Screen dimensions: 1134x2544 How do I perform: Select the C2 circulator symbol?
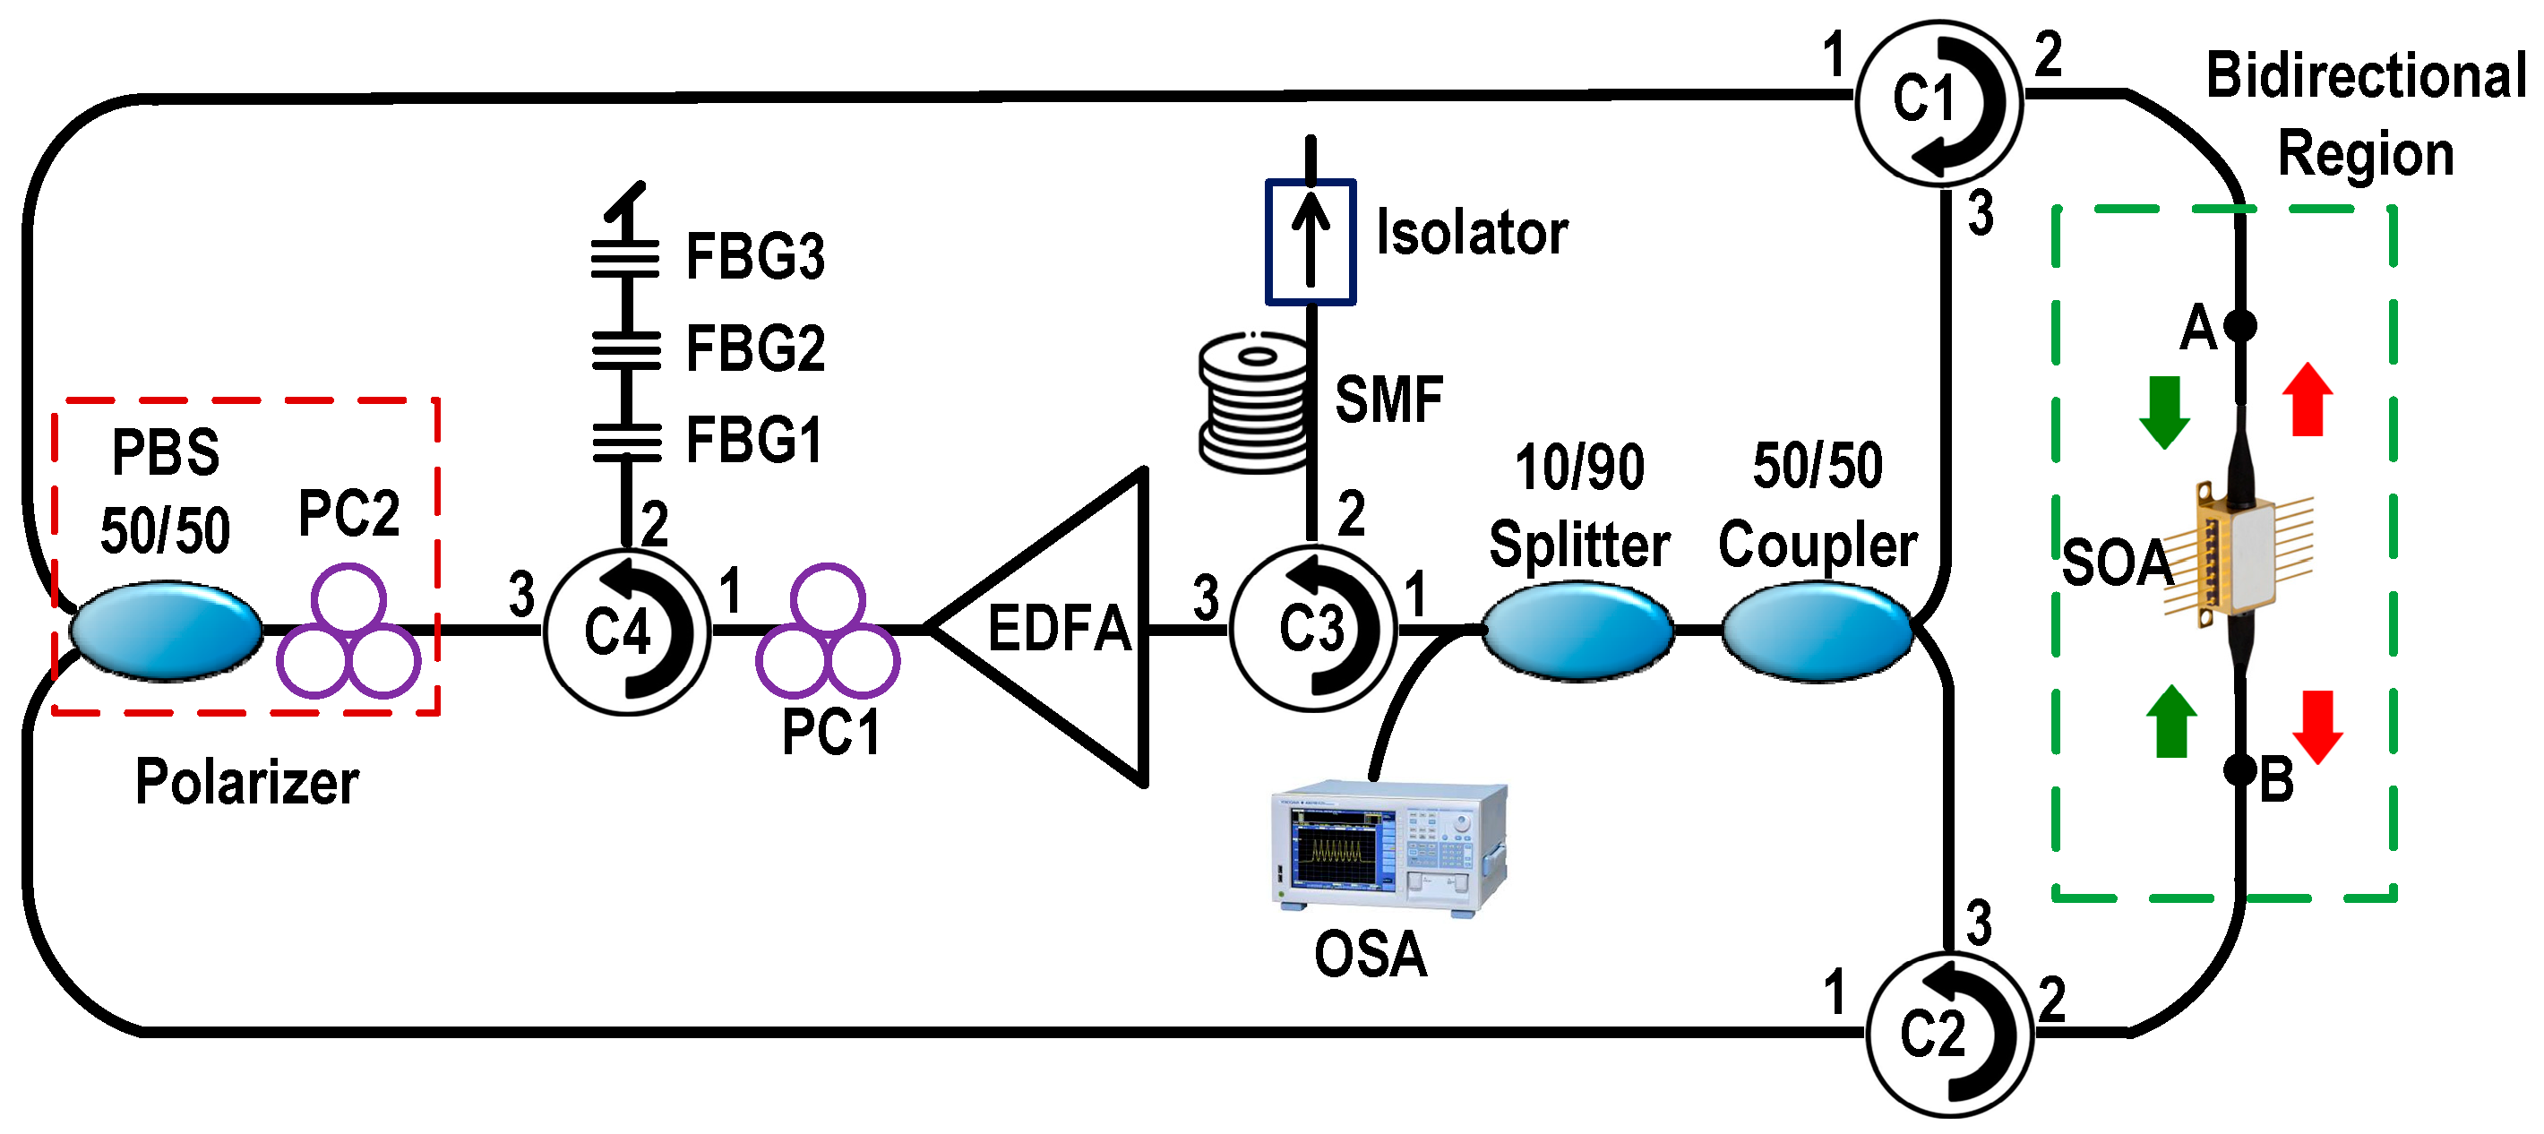pos(1947,1034)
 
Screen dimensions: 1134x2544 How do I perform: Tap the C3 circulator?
pos(1312,628)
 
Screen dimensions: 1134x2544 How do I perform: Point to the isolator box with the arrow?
pos(1310,241)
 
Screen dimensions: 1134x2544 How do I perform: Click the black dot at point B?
pos(2239,769)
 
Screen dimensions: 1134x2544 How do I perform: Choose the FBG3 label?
pos(754,257)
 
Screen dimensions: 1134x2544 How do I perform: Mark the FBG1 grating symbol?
pos(626,442)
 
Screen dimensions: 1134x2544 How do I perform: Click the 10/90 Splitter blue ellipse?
pos(1577,631)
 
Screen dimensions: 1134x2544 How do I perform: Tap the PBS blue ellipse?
pos(166,631)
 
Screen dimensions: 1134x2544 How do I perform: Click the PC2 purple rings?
pos(348,632)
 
